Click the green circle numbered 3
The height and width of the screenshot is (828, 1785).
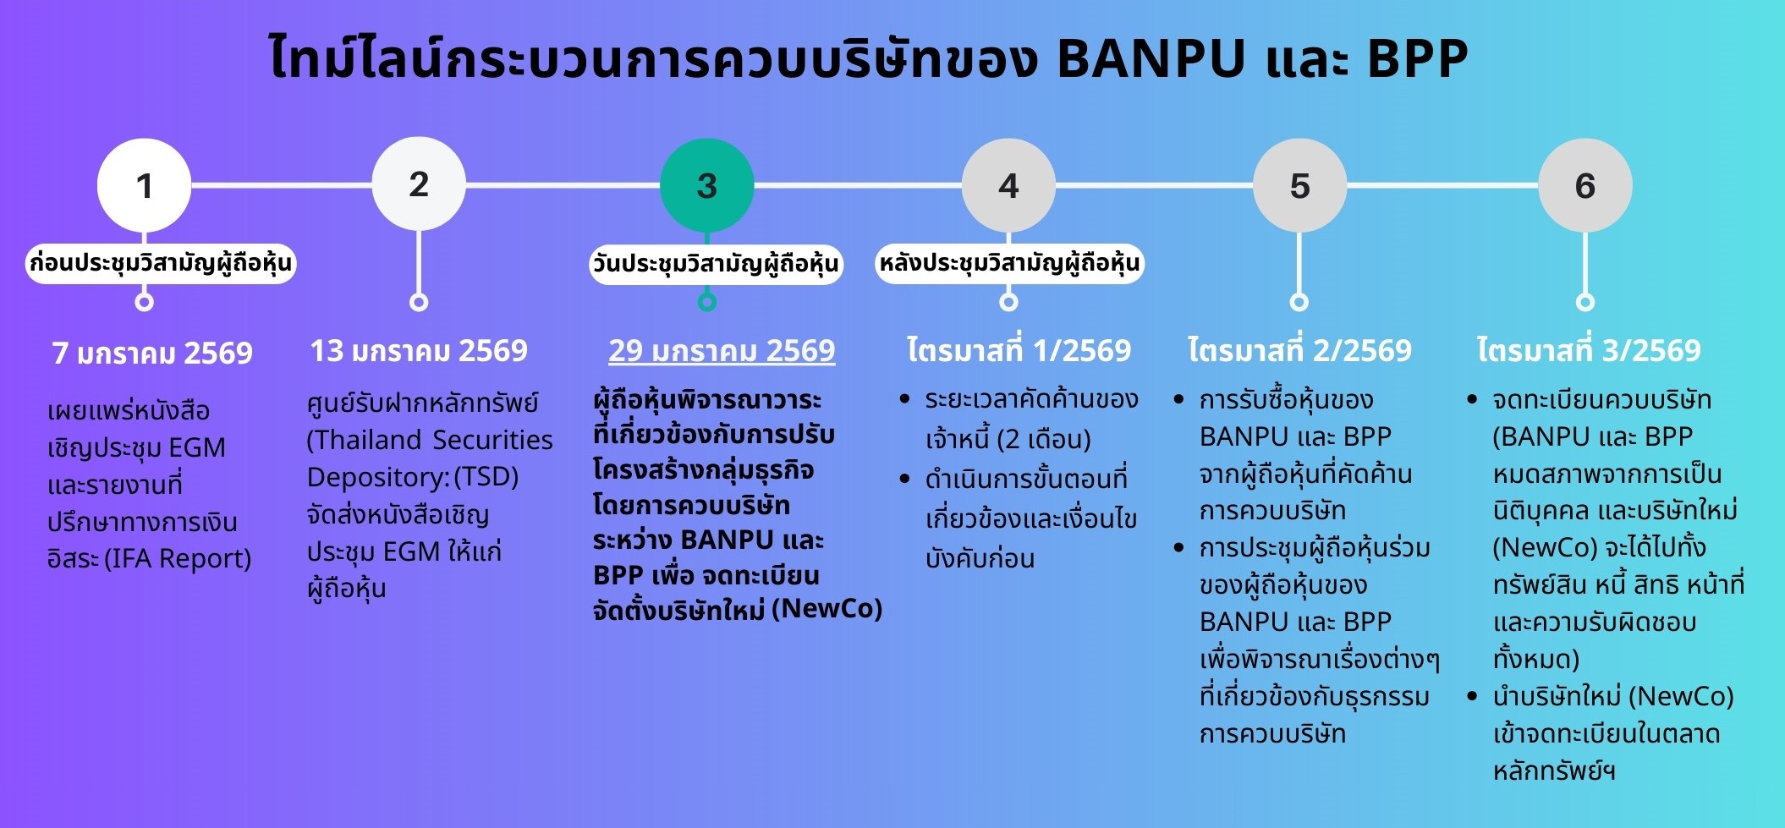[x=706, y=185]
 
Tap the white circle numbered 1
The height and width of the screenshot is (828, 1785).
[x=145, y=185]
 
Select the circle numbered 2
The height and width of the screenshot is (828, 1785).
[x=419, y=184]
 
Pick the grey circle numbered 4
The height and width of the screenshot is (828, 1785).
[x=1008, y=185]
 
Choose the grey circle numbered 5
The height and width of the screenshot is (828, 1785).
[x=1299, y=185]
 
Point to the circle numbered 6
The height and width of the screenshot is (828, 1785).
[x=1585, y=185]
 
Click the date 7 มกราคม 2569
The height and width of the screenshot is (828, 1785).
[x=152, y=352]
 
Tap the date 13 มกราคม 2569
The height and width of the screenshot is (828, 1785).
[x=419, y=350]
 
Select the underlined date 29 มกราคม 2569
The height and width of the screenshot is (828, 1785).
[x=722, y=350]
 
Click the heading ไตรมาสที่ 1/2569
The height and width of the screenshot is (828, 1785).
[x=1019, y=349]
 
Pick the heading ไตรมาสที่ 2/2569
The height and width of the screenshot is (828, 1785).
[x=1299, y=349]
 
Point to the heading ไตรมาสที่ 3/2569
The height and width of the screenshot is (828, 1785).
[x=1588, y=349]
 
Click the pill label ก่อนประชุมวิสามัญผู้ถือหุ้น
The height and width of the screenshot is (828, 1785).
[x=161, y=263]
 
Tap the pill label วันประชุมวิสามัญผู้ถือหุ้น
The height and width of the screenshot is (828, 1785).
[x=716, y=264]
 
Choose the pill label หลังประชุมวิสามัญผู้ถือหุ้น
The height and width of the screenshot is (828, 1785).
[x=1009, y=263]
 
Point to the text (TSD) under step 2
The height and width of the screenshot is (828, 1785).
[x=486, y=477]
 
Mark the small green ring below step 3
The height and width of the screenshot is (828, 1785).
[x=707, y=302]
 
